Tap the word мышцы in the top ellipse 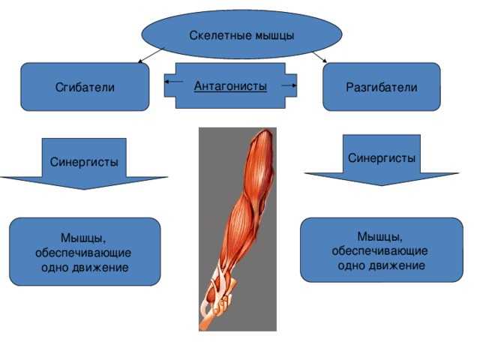(274, 36)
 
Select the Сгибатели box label (85, 87)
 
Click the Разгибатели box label (382, 87)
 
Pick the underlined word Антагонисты (230, 86)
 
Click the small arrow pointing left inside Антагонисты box (174, 82)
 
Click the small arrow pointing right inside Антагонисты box (289, 85)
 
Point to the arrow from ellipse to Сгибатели (150, 55)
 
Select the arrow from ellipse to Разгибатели (320, 57)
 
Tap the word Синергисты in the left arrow (84, 162)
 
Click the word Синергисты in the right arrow (382, 158)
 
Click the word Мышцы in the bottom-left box (83, 238)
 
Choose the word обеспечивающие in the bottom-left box (83, 253)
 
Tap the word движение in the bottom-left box (100, 268)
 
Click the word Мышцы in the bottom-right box (380, 236)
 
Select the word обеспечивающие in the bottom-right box (379, 251)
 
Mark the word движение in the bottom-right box (397, 265)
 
